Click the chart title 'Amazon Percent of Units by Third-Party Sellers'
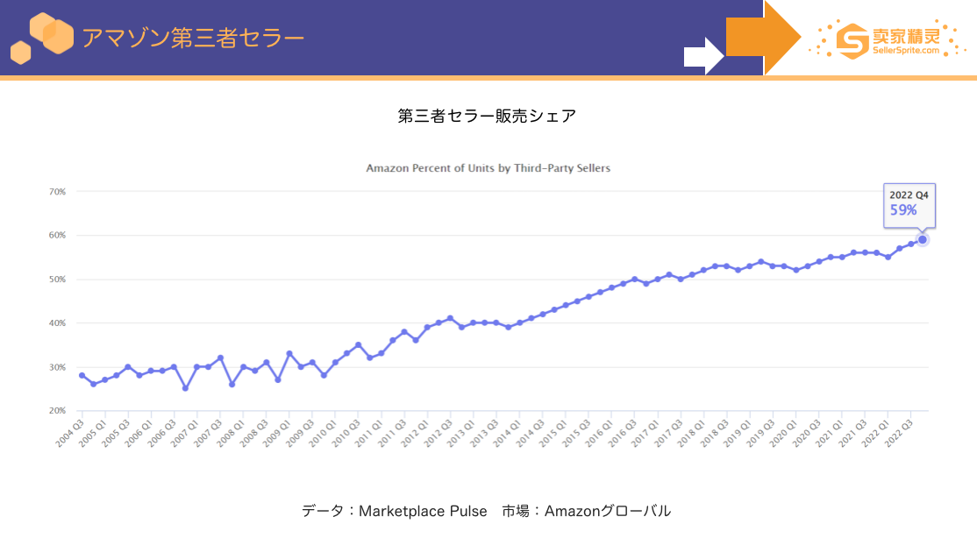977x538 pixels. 488,168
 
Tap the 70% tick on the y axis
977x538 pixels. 57,192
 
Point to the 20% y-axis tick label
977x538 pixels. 57,411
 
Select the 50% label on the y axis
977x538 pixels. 57,280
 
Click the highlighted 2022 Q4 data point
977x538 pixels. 922,240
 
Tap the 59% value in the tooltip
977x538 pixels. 903,210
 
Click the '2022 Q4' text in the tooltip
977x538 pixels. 909,195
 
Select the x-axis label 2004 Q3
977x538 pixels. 70,433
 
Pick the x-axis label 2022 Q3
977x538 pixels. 898,433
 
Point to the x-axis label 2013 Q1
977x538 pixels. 461,433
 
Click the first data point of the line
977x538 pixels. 82,376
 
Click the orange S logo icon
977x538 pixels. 852,41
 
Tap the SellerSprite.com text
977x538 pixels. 905,51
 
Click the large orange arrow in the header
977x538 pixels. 764,38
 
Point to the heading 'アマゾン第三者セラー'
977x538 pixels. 193,38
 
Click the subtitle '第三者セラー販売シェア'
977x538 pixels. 488,116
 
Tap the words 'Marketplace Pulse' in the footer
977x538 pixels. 423,511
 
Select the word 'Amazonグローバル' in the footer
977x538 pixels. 608,511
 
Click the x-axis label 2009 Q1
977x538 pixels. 276,433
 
